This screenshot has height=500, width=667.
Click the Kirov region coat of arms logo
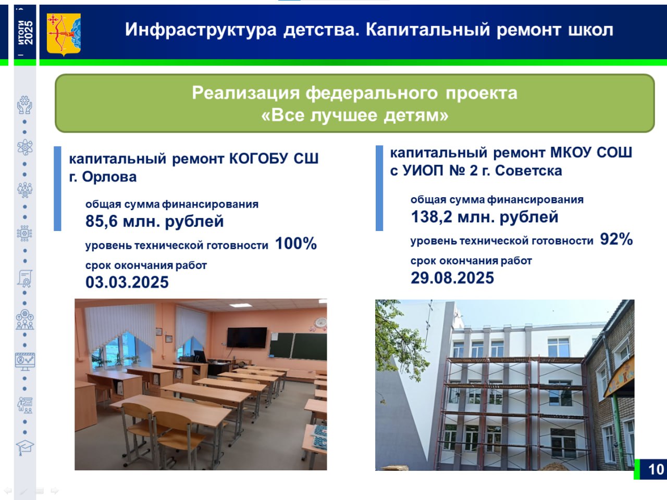[64, 34]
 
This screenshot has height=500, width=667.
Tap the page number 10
[656, 469]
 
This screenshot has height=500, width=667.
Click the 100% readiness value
[295, 243]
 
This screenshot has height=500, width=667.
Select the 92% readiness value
[616, 239]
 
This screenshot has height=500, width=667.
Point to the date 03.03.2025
[127, 282]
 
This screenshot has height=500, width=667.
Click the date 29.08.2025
[452, 278]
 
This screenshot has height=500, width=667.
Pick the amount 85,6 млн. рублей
[154, 221]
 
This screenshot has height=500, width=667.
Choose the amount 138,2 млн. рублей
[485, 216]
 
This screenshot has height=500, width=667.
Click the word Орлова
[109, 176]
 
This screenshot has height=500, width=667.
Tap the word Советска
[528, 171]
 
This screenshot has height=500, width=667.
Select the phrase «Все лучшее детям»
[355, 116]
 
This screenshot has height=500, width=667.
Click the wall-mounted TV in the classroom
[246, 337]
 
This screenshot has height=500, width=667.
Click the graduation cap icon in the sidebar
[24, 447]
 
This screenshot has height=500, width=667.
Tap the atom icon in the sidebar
[24, 147]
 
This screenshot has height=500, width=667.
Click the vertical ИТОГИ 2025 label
[25, 32]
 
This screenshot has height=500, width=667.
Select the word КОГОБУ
[259, 158]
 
